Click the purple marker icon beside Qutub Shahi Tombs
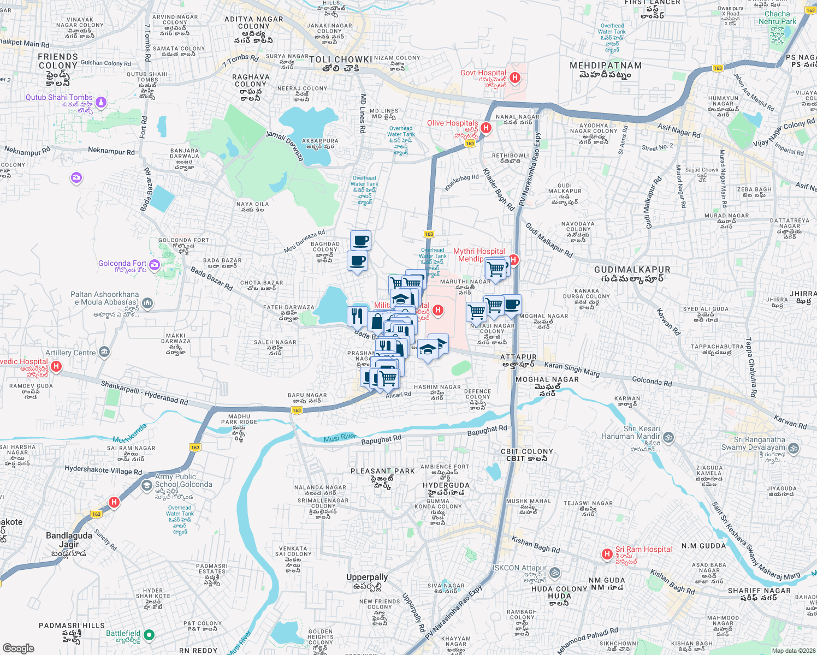click(101, 102)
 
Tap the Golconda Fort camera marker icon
click(155, 265)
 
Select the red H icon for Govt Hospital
click(514, 78)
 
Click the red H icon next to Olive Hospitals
click(486, 128)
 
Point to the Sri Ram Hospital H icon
click(607, 554)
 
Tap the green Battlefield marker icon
click(149, 635)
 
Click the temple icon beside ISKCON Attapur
click(554, 572)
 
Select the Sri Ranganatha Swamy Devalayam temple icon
click(794, 448)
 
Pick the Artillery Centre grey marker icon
click(105, 352)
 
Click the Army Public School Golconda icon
click(146, 485)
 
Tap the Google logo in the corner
click(18, 648)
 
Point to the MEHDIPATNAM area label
click(605, 65)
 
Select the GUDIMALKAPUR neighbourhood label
click(632, 270)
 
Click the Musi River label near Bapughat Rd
click(340, 437)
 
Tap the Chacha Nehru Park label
click(777, 17)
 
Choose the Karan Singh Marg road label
click(572, 369)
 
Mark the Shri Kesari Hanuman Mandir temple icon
click(668, 437)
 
